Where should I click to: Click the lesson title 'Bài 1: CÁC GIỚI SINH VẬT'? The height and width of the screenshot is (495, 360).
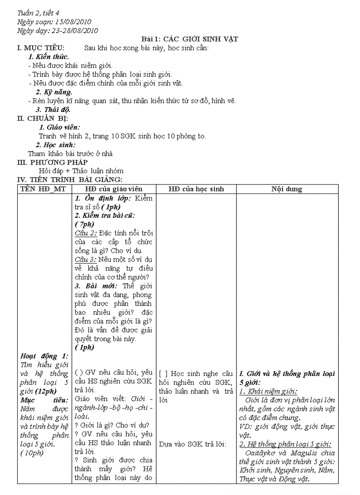(x=186, y=39)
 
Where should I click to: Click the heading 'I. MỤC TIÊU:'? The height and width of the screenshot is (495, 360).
(x=41, y=48)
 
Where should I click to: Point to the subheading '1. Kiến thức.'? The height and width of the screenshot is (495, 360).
(x=49, y=56)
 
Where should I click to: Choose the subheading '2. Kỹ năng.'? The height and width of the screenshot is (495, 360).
(x=54, y=92)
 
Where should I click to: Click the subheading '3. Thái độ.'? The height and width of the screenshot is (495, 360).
(x=53, y=109)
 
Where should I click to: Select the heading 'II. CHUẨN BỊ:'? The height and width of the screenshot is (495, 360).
(x=42, y=118)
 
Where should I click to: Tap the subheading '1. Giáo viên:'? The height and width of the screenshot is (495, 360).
(x=60, y=127)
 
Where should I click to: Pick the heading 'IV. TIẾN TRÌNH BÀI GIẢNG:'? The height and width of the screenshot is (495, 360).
(x=69, y=179)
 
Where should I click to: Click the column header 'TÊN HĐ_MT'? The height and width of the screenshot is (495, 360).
(x=45, y=189)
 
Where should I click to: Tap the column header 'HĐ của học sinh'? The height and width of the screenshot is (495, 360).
(x=196, y=189)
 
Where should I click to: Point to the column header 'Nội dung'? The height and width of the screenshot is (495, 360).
(x=287, y=189)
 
